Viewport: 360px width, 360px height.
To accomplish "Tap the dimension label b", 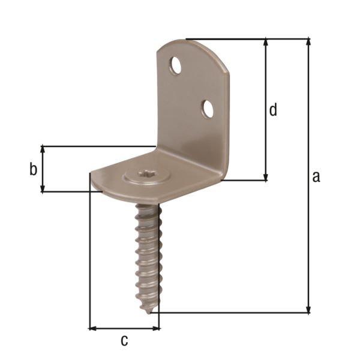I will [32, 170].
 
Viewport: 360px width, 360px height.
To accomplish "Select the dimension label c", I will [124, 340].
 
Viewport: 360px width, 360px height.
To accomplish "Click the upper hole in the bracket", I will [175, 65].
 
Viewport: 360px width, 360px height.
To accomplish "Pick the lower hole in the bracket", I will [208, 109].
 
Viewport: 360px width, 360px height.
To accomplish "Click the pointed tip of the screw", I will [148, 311].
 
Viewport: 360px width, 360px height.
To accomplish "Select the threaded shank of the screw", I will [147, 252].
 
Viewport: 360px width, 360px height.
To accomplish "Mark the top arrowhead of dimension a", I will [308, 43].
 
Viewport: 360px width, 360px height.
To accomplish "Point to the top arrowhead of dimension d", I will [265, 43].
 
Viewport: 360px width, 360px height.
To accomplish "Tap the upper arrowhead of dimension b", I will [43, 149].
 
